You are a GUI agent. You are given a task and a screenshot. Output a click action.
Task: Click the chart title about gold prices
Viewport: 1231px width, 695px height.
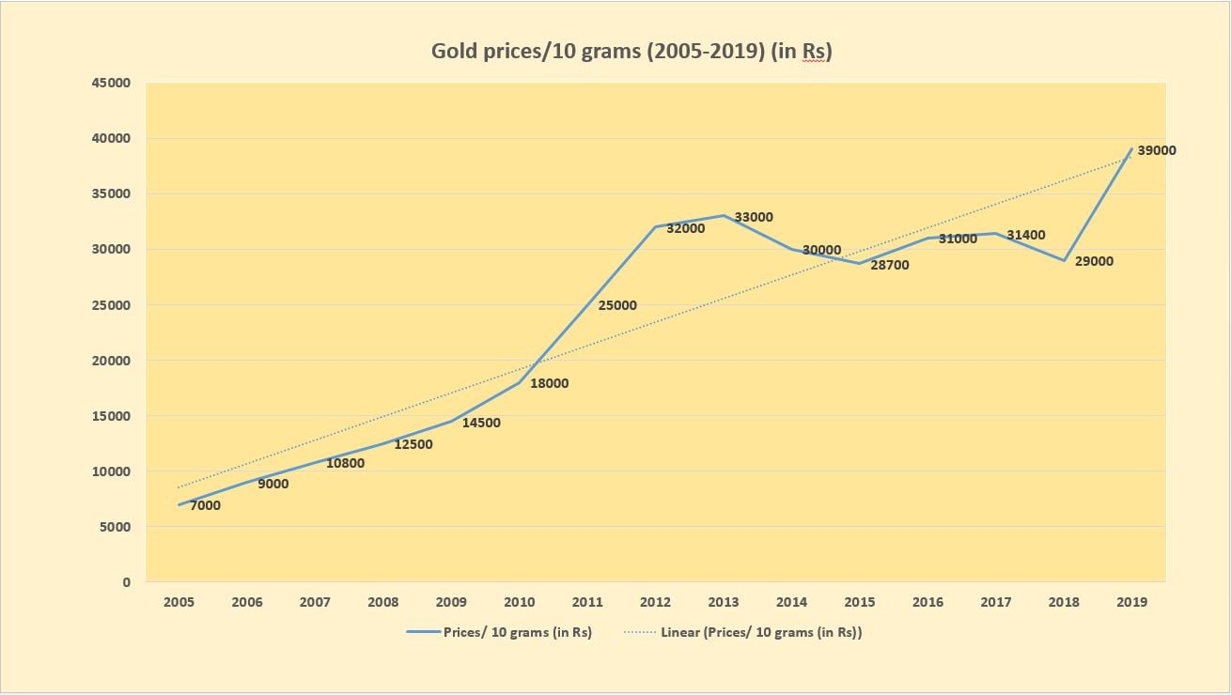[631, 51]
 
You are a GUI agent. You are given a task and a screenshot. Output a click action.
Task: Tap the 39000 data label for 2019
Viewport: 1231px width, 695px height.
[1156, 150]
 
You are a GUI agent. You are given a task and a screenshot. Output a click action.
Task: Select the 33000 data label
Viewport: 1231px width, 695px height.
[753, 217]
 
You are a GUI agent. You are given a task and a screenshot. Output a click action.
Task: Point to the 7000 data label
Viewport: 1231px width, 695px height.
[205, 505]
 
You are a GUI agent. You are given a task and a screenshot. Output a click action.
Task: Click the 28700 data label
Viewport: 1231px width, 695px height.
[889, 265]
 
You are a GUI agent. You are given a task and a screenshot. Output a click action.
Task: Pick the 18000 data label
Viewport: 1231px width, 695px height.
[549, 383]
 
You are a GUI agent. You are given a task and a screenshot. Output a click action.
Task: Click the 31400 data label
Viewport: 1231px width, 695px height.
[1026, 235]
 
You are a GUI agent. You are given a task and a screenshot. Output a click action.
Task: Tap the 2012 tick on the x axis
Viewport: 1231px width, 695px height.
[655, 602]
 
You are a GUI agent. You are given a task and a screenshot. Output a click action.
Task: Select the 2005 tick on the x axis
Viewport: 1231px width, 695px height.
[179, 602]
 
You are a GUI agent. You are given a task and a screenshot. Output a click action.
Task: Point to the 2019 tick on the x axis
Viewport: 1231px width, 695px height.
[1131, 602]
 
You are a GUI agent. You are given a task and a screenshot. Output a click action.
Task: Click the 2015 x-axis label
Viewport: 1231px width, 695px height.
[860, 602]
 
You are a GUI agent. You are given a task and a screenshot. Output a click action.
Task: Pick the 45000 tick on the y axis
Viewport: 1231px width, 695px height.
[112, 83]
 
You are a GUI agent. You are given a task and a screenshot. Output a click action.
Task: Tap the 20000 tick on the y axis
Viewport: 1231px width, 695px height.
[112, 361]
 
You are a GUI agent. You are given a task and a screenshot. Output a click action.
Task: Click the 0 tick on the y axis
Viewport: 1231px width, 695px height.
[126, 582]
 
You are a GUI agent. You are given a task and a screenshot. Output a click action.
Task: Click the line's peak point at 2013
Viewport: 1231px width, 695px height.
[723, 215]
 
